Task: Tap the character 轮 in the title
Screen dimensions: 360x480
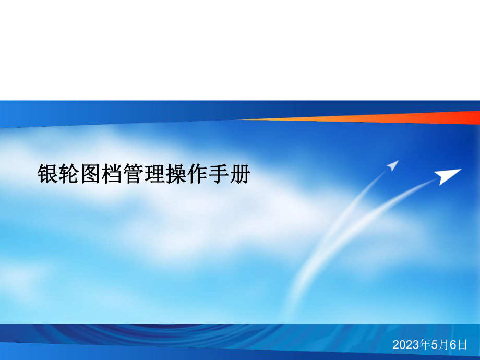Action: coord(70,174)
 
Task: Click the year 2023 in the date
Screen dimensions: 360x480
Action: coord(404,345)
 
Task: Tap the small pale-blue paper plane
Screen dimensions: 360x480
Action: coord(392,166)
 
